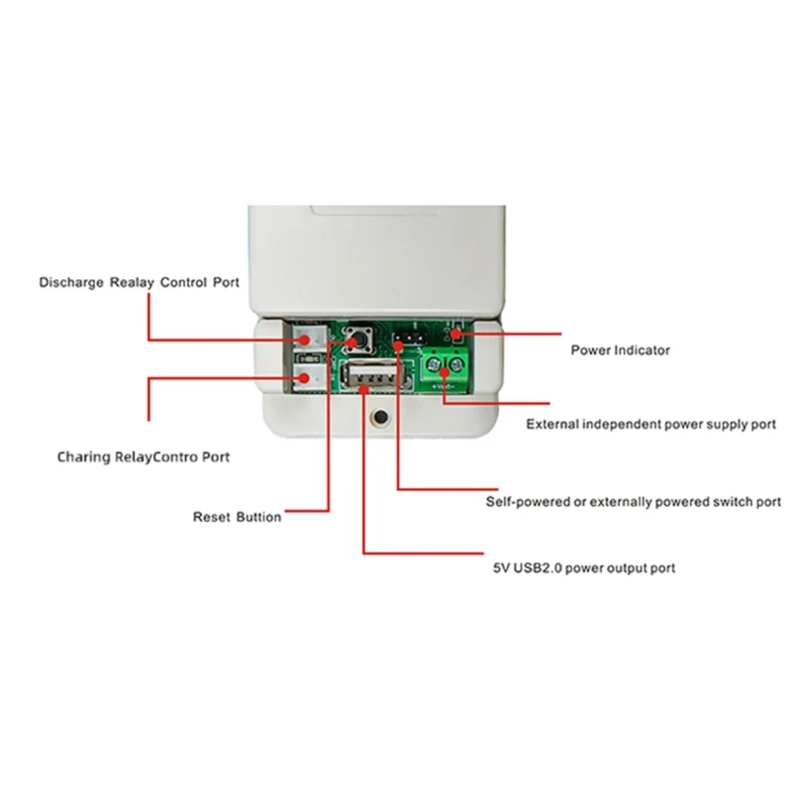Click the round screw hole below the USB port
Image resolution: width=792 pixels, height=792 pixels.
click(377, 420)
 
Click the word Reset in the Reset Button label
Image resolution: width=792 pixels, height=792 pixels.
click(211, 516)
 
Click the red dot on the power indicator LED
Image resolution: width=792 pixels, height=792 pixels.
click(456, 335)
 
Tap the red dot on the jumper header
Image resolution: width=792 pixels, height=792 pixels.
click(398, 342)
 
